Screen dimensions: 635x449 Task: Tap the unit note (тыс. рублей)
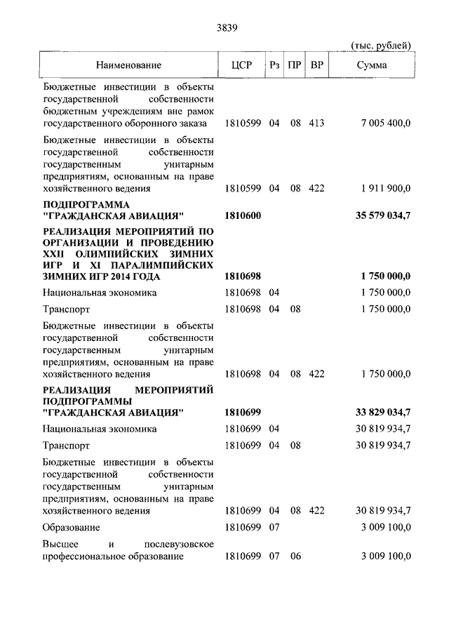click(380, 46)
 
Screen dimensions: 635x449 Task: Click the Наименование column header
click(129, 65)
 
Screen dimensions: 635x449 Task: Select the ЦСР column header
click(241, 65)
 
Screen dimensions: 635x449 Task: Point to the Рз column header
click(274, 65)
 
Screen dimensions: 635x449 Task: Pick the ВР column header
click(316, 65)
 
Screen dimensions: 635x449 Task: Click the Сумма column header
click(371, 65)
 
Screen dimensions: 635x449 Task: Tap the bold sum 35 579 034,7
click(383, 215)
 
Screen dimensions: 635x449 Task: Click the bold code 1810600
click(243, 215)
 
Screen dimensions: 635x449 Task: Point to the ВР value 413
click(316, 123)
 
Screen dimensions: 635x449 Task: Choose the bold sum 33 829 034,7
click(383, 412)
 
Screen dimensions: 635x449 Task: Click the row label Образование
click(71, 527)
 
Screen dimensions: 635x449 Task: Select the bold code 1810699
click(243, 412)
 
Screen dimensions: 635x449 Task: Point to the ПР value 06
click(295, 556)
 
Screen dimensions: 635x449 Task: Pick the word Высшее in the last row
click(60, 544)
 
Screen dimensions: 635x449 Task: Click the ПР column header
click(295, 65)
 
